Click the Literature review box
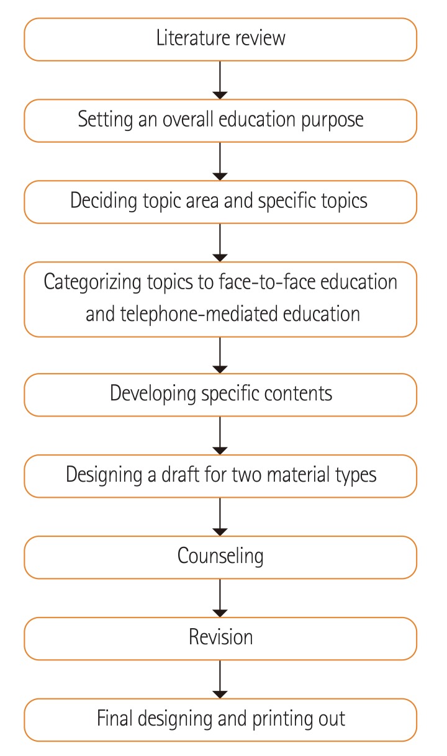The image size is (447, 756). tap(220, 39)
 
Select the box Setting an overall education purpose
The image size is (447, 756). tap(220, 120)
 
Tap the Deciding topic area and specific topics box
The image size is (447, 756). tap(220, 202)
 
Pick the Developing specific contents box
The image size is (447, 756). tap(220, 395)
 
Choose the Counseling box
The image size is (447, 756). tap(220, 557)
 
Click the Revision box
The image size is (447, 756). tap(220, 638)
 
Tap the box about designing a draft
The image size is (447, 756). tap(220, 476)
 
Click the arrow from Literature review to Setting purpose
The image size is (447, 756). tap(220, 79)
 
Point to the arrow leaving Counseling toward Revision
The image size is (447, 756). tap(220, 597)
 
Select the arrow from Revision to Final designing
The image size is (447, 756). tap(220, 678)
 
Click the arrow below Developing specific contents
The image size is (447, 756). tap(220, 435)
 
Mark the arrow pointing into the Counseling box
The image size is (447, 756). tap(220, 516)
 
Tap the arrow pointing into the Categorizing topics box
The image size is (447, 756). tap(220, 242)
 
